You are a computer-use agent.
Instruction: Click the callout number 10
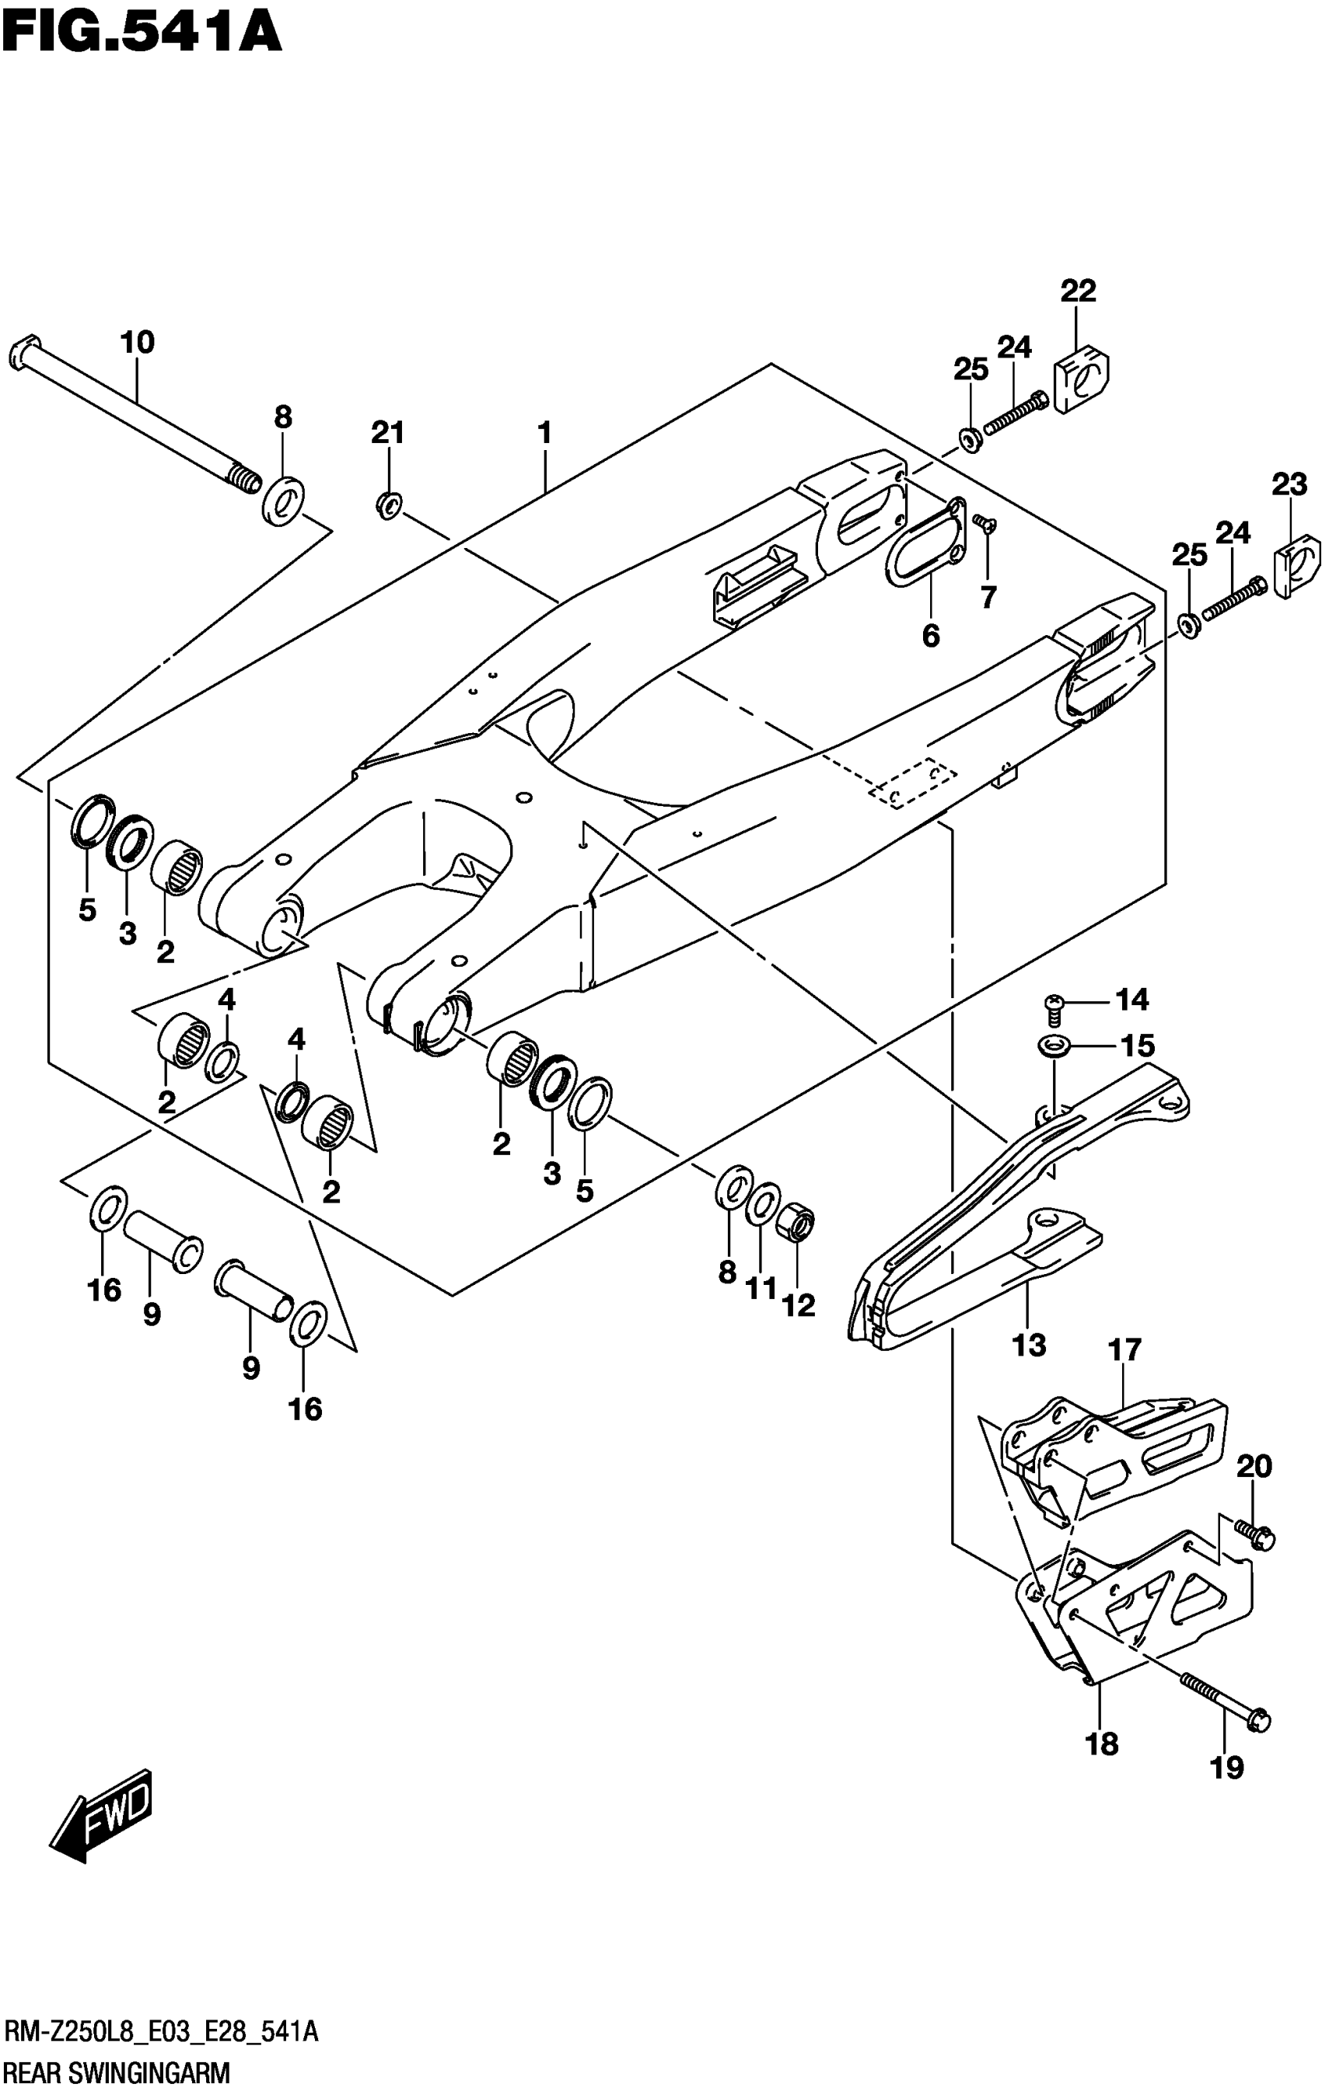click(137, 342)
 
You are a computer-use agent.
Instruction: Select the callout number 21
click(388, 432)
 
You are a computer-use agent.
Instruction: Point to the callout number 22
click(1077, 291)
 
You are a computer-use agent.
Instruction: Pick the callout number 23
click(1289, 484)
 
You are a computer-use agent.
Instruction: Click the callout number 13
click(1028, 1346)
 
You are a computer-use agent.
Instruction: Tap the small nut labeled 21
click(389, 504)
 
